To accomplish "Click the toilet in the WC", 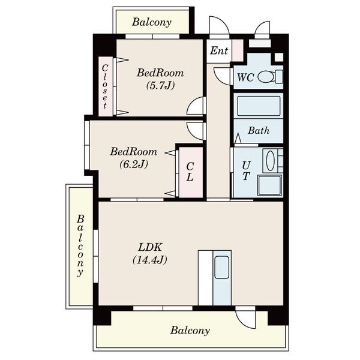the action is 271,77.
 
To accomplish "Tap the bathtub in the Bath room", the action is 259,106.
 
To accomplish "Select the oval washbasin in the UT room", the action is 270,160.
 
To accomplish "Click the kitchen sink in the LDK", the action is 221,267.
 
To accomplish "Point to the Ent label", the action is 219,51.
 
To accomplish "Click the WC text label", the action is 245,77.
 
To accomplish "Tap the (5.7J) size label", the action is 160,86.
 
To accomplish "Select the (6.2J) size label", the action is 134,164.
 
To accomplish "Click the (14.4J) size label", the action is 149,260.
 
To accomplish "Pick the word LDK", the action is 150,247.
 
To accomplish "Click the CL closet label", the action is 190,172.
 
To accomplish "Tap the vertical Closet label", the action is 105,86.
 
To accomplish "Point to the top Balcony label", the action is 152,22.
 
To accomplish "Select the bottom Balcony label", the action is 190,331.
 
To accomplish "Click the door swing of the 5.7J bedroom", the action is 196,106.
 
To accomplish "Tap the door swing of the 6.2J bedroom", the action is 196,131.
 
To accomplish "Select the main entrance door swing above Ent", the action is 219,25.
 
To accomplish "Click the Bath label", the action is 259,131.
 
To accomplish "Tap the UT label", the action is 246,171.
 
